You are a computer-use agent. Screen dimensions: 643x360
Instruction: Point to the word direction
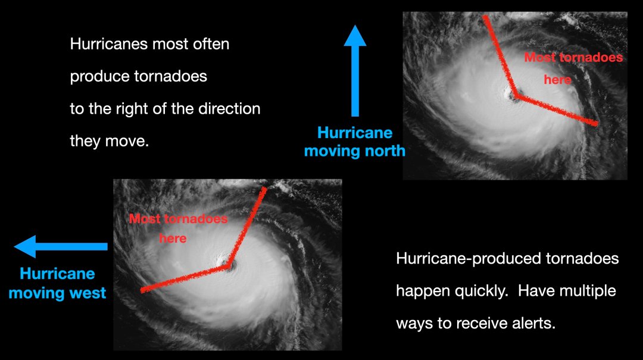click(x=229, y=109)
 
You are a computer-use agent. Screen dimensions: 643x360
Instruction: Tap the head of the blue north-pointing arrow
click(x=355, y=35)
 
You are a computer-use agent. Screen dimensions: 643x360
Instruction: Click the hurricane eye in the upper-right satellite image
click(x=513, y=95)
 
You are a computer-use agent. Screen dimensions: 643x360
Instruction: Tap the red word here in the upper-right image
click(x=558, y=80)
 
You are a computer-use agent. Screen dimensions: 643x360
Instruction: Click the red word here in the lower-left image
click(x=173, y=238)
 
